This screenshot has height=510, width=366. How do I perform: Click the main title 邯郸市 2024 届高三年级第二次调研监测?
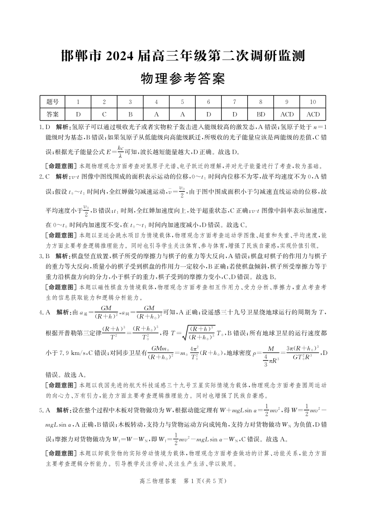click(x=183, y=56)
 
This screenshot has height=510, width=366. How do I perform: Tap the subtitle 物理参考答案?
click(x=182, y=79)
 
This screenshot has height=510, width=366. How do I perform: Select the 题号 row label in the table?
click(x=52, y=102)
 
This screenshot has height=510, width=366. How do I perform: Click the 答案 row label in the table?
click(x=52, y=114)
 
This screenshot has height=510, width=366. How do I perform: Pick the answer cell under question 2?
click(x=104, y=114)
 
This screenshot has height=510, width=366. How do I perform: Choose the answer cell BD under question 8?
click(x=261, y=114)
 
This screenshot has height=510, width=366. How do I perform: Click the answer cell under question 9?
click(x=287, y=114)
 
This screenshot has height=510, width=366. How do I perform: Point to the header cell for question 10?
click(x=313, y=102)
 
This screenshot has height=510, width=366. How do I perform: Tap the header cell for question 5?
click(x=182, y=102)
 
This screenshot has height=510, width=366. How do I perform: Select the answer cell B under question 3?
click(x=130, y=114)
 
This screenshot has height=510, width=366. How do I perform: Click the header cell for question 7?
click(x=235, y=102)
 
